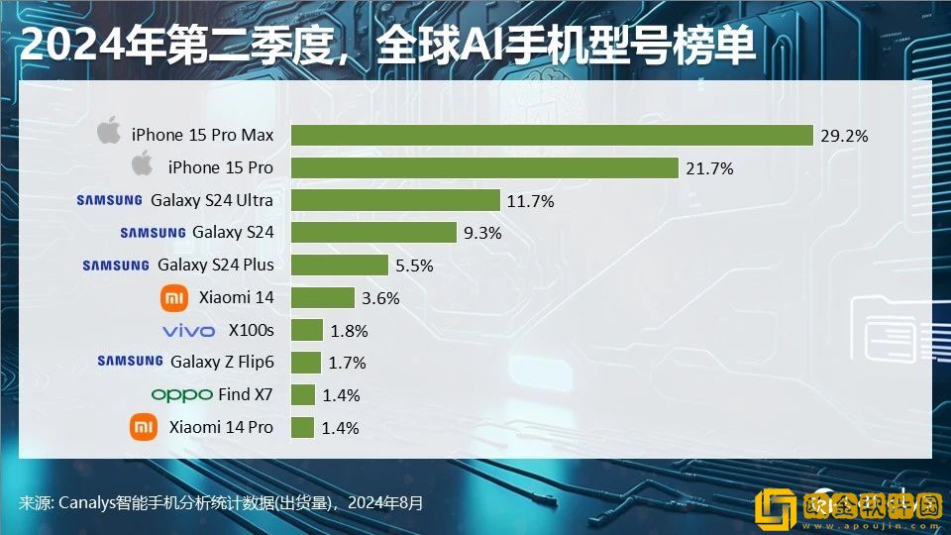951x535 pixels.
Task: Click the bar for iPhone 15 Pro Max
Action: pos(552,136)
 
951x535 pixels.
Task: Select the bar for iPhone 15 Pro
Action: pos(484,168)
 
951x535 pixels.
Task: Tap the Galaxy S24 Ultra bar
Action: pos(395,200)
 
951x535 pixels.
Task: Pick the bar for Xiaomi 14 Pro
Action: pos(303,428)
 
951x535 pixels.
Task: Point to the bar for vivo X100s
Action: pos(307,330)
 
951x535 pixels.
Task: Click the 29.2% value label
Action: pos(844,136)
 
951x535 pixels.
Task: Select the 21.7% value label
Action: pos(709,168)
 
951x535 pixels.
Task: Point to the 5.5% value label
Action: pos(414,266)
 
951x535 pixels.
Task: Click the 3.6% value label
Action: pos(380,298)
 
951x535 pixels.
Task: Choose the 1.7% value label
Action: pos(347,363)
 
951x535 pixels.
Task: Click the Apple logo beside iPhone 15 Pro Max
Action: pos(109,132)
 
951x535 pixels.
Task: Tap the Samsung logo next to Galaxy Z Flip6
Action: pos(130,362)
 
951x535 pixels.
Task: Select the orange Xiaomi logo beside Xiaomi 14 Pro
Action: pos(144,427)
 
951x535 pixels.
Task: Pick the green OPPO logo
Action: pos(181,394)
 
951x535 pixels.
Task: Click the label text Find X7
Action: pos(246,394)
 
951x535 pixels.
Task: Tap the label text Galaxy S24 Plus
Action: pos(216,265)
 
